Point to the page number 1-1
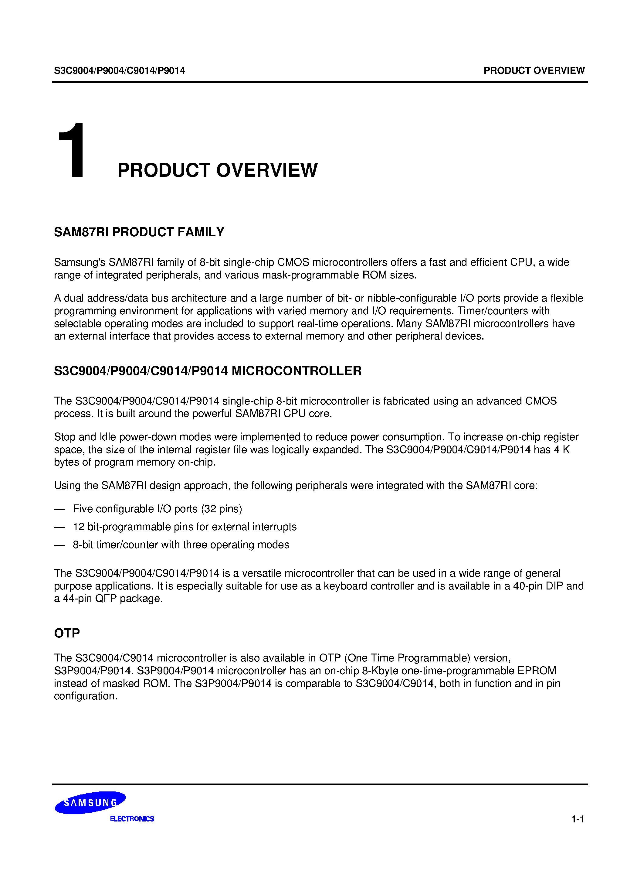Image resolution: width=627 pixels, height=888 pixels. (578, 819)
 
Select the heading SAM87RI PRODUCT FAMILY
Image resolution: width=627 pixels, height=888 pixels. (139, 232)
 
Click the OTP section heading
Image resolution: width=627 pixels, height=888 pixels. (67, 633)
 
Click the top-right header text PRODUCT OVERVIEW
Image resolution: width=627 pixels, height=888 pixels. (534, 70)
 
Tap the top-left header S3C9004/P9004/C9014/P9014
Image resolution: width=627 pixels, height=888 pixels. (120, 70)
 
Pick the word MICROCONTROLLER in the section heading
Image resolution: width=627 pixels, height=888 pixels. (296, 371)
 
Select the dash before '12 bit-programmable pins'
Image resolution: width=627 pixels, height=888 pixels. (59, 527)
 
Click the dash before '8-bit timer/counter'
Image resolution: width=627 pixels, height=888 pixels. (59, 545)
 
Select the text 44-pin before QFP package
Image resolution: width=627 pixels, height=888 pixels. (78, 599)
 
